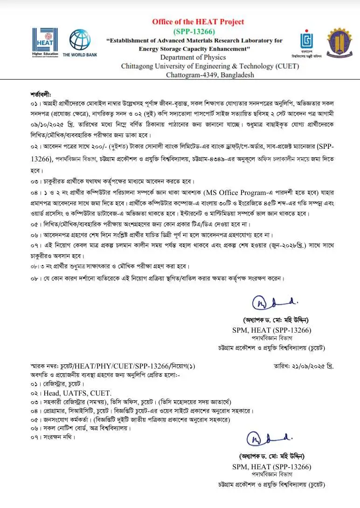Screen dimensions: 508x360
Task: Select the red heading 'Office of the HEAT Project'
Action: (198, 21)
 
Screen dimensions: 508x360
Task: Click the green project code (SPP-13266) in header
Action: (197, 31)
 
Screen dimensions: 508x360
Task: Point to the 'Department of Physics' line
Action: (195, 57)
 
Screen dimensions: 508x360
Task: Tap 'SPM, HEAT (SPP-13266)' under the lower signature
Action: (271, 466)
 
